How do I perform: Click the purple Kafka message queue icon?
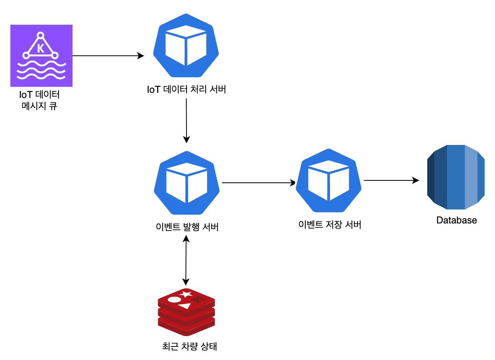[x=41, y=56]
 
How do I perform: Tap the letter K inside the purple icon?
[x=41, y=48]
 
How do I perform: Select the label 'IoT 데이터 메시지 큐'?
[x=39, y=100]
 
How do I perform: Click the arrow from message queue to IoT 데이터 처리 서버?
[x=108, y=56]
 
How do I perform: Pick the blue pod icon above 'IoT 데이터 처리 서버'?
[x=186, y=45]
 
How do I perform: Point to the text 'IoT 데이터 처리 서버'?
[x=187, y=90]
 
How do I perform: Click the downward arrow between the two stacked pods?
[x=187, y=121]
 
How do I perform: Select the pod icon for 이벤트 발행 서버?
[x=187, y=183]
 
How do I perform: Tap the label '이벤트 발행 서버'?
[x=187, y=227]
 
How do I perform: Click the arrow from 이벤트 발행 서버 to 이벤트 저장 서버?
[x=259, y=183]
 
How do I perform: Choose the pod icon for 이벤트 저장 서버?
[x=329, y=181]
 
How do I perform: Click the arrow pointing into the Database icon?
[x=391, y=180]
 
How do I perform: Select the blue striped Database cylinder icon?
[x=456, y=177]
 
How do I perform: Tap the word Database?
[x=457, y=220]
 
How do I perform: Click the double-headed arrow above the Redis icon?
[x=186, y=260]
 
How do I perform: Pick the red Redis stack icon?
[x=187, y=312]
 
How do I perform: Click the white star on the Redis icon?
[x=186, y=294]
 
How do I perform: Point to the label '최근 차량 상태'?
[x=189, y=346]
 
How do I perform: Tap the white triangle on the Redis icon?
[x=185, y=306]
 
